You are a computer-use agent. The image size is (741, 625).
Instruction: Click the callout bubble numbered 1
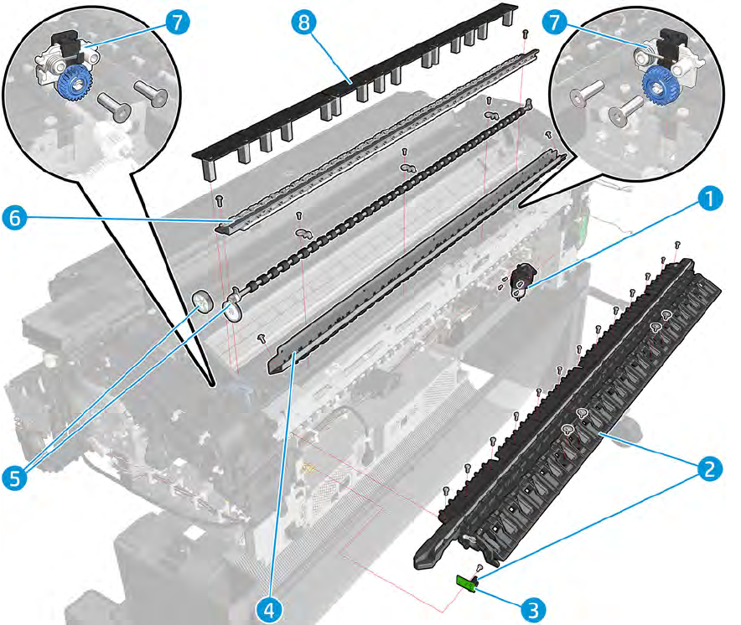[x=711, y=199]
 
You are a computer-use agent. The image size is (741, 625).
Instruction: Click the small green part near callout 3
[x=465, y=583]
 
